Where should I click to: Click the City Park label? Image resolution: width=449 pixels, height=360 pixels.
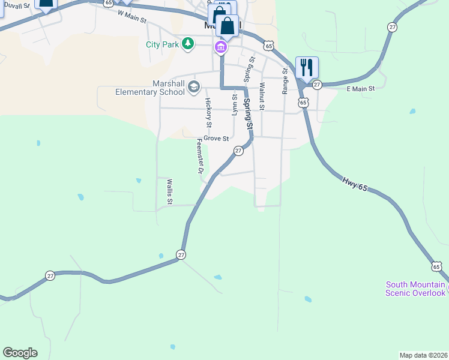tap(163, 44)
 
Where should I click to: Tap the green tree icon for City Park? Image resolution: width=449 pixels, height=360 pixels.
tap(188, 43)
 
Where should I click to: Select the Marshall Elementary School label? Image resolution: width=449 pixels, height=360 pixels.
tap(150, 88)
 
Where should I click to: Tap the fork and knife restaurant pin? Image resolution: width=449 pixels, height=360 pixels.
tap(307, 67)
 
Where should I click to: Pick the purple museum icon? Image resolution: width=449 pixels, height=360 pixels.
tap(221, 47)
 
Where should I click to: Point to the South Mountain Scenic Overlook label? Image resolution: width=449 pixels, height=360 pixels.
tap(415, 289)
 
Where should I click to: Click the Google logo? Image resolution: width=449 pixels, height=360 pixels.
tap(20, 353)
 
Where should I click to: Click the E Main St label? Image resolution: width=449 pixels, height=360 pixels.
tap(361, 88)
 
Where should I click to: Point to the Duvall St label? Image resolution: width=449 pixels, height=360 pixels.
tap(16, 5)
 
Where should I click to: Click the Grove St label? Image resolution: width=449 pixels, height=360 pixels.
tap(216, 139)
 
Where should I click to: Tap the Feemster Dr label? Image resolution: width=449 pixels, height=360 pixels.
tap(200, 157)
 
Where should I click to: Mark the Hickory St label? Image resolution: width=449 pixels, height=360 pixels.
tap(208, 113)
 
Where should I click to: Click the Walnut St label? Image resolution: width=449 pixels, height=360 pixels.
tap(262, 97)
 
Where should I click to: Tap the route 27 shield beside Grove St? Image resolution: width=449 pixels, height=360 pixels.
tap(238, 151)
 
